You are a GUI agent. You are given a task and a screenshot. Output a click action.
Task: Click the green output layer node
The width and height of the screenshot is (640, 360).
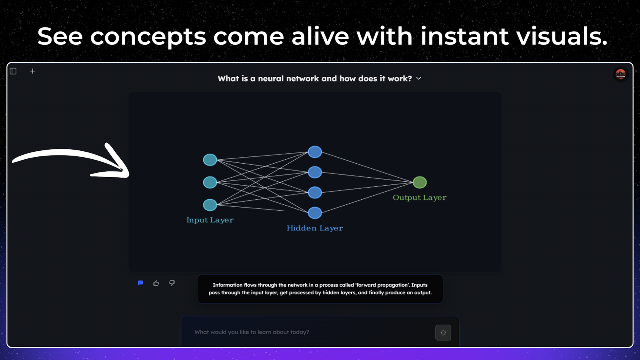[x=420, y=182]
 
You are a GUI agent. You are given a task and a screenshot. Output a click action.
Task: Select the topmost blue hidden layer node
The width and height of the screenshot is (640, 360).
[x=315, y=152]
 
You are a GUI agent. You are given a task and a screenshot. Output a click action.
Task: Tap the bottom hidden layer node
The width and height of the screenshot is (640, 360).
[x=315, y=213]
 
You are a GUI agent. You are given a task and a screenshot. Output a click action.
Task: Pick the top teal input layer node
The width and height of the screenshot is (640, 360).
[x=210, y=160]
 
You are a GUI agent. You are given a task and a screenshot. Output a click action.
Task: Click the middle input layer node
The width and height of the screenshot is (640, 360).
[x=210, y=182]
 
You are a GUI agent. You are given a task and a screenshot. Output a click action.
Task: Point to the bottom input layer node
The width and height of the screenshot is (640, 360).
[x=210, y=205]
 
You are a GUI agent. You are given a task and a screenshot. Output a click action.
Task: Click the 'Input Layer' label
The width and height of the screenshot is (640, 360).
[x=210, y=220]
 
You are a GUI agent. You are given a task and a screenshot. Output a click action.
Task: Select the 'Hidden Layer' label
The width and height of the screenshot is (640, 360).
[x=315, y=228]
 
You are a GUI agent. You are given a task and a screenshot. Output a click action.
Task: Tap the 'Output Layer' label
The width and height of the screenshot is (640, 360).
[x=420, y=198]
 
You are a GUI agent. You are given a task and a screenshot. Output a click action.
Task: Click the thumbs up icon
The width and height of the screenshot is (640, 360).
[x=156, y=283]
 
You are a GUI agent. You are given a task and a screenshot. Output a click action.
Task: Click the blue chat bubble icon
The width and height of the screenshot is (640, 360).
[x=140, y=283]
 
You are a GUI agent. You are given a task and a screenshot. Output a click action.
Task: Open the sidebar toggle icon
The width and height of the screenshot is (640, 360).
[x=13, y=71]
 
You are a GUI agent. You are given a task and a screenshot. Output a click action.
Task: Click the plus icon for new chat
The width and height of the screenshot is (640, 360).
[x=32, y=71]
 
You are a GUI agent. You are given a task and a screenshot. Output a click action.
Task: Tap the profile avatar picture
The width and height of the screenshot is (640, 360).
[x=620, y=74]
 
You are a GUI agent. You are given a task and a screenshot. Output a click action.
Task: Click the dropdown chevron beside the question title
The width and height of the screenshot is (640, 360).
[x=418, y=78]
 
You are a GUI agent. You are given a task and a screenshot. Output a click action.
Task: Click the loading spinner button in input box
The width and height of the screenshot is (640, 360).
[x=443, y=332]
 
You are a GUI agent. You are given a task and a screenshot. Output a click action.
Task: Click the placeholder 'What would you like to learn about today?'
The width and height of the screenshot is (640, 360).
[x=252, y=332]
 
